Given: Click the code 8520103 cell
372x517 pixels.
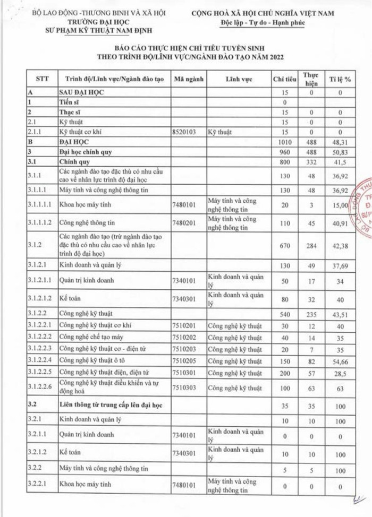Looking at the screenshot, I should [x=188, y=132].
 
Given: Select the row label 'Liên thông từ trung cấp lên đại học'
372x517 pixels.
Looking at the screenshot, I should [x=111, y=405].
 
